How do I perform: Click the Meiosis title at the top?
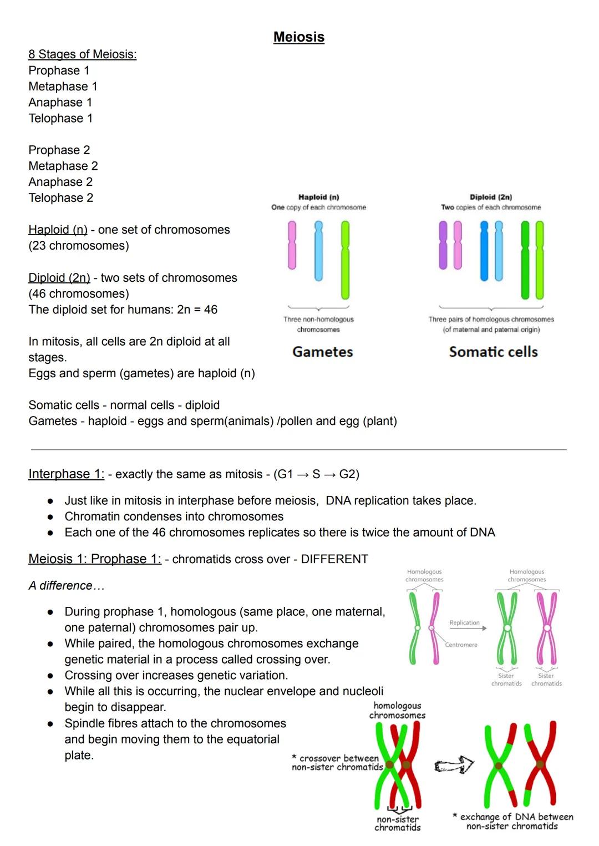click(x=298, y=37)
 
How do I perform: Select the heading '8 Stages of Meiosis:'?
click(x=82, y=54)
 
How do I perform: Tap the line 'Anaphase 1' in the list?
click(x=60, y=103)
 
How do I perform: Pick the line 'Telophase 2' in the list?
click(x=60, y=198)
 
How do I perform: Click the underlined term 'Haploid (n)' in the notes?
click(x=58, y=230)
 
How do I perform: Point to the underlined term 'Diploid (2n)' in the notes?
click(x=59, y=278)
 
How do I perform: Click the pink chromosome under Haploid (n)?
click(x=292, y=245)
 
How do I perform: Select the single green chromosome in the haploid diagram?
click(x=345, y=260)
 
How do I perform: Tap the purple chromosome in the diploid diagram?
click(x=443, y=245)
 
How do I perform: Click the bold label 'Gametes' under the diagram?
click(x=322, y=352)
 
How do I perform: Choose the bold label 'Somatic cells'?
click(x=493, y=352)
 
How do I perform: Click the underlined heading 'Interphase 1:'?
click(x=66, y=474)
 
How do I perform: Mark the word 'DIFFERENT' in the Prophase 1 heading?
click(x=334, y=559)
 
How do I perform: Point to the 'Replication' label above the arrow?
click(x=464, y=623)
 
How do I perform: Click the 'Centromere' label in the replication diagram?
click(x=461, y=645)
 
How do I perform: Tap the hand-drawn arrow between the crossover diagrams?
click(x=454, y=766)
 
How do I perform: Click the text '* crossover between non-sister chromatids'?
click(x=337, y=763)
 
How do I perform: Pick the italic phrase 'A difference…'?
click(x=66, y=586)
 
